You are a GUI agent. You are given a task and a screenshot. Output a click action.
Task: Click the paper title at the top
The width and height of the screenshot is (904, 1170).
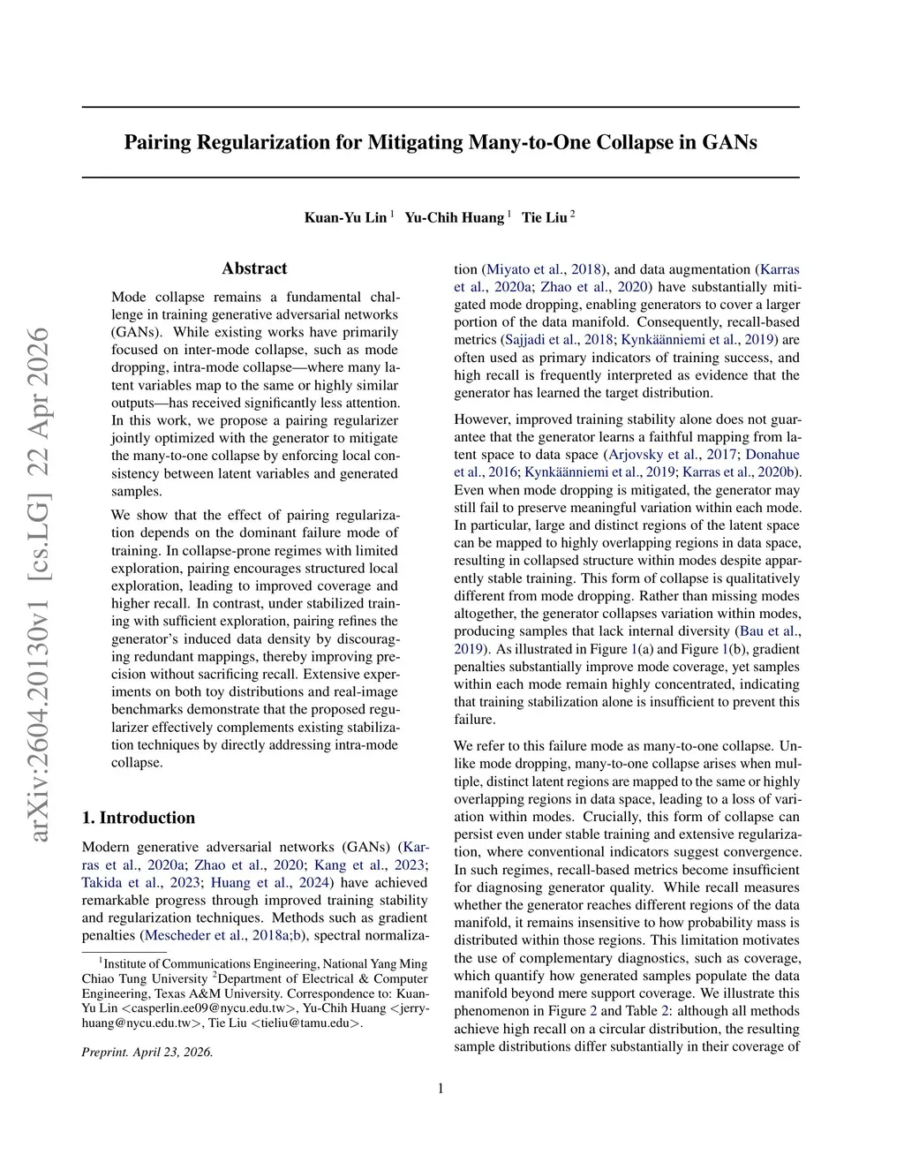(x=440, y=142)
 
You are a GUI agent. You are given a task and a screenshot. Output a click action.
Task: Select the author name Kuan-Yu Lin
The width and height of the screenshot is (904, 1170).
(x=345, y=217)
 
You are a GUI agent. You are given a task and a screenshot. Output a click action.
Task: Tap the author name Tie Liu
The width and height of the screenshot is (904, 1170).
(x=544, y=217)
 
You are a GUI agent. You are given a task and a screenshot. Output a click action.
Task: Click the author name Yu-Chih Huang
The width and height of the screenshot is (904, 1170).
(x=454, y=217)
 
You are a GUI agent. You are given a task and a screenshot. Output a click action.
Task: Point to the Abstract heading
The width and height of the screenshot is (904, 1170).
(x=254, y=268)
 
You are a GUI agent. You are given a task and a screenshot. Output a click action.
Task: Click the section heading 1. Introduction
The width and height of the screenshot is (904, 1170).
(x=138, y=818)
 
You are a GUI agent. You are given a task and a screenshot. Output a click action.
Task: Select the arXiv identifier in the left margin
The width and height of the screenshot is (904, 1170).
(x=39, y=583)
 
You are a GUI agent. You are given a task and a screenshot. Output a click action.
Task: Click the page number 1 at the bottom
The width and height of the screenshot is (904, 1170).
(x=441, y=1088)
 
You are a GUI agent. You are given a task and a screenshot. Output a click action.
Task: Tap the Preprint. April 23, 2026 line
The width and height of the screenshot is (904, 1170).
(x=147, y=1052)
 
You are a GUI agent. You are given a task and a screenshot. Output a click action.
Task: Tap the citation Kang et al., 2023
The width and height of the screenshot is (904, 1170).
(x=362, y=864)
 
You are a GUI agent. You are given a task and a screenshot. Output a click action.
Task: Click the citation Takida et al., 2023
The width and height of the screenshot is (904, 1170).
(x=139, y=882)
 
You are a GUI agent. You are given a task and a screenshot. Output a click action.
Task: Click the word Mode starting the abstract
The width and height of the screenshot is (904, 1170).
(x=130, y=297)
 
